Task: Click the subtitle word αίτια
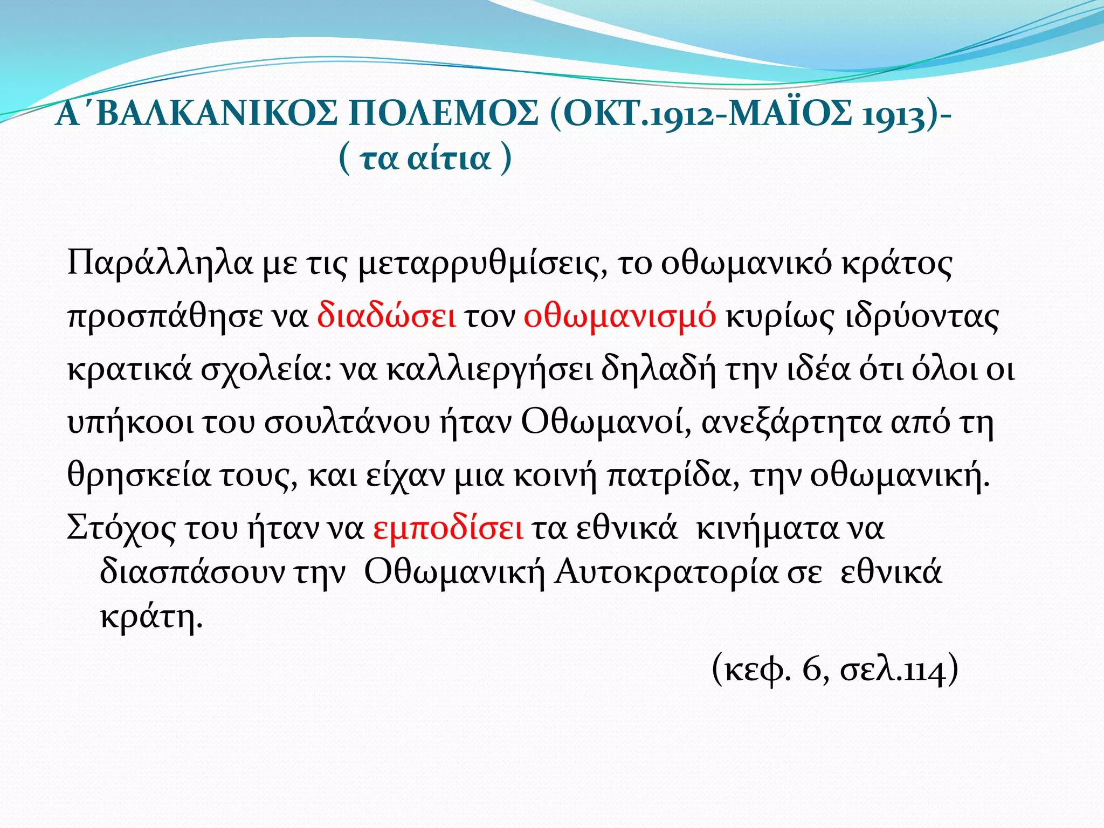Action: pos(449,158)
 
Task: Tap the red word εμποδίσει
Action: pos(448,529)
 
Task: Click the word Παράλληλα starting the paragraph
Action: pos(160,264)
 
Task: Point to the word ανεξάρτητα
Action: pos(791,424)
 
